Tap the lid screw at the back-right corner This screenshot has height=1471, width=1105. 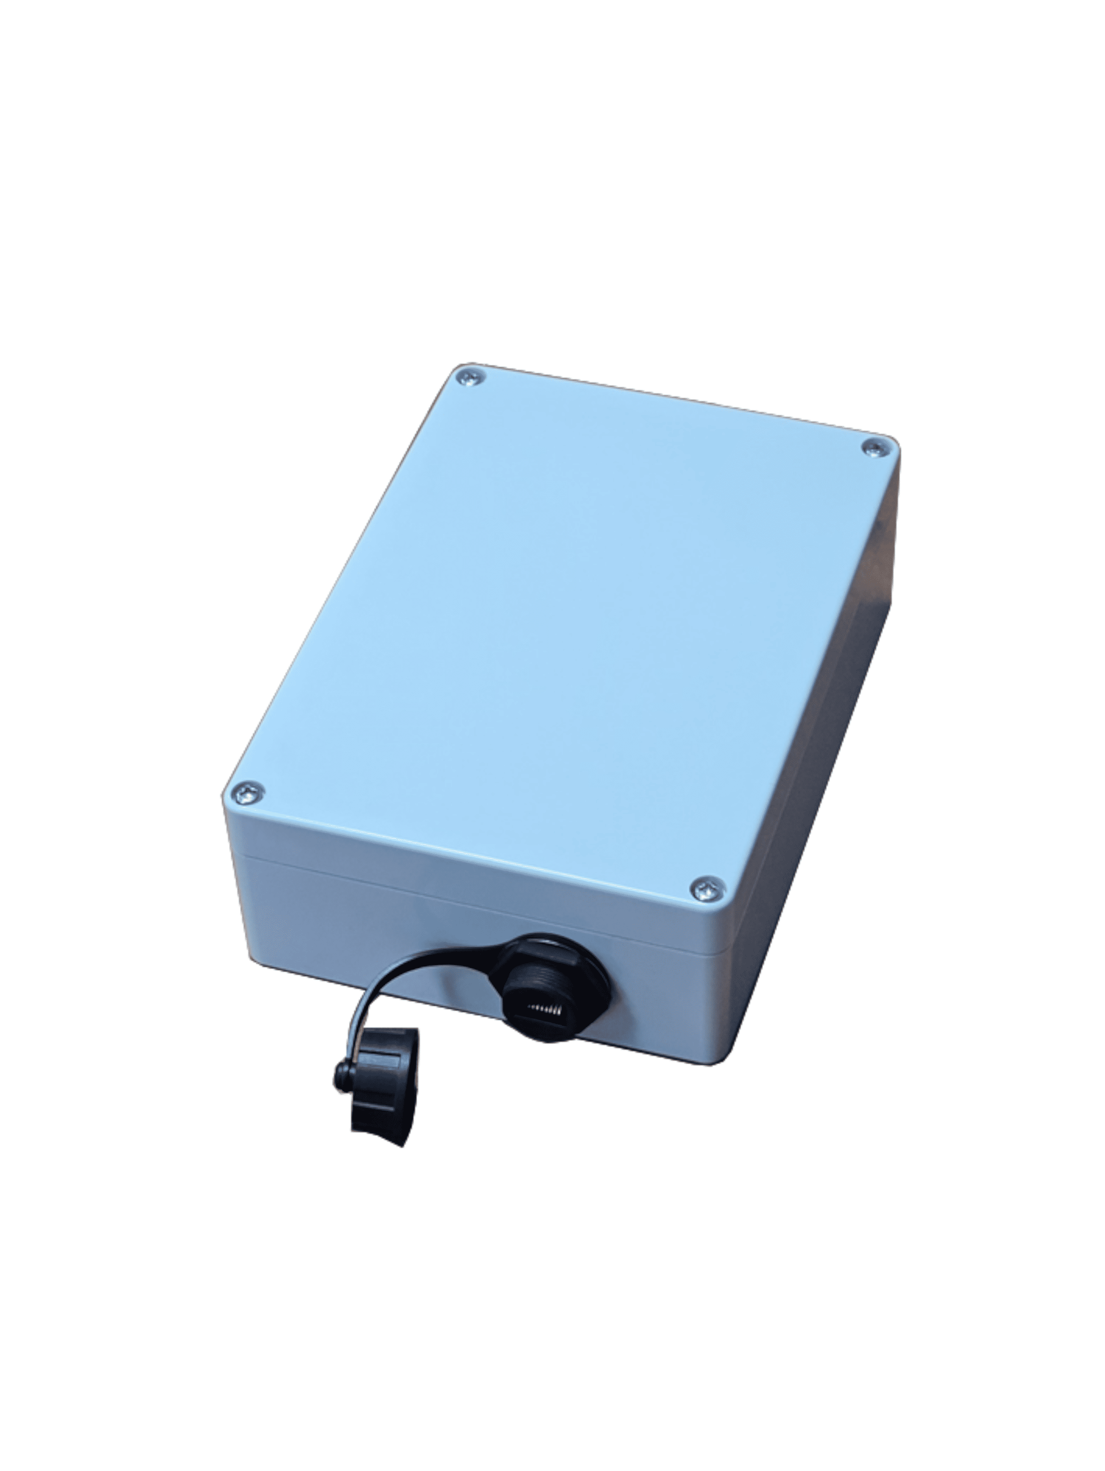click(x=876, y=448)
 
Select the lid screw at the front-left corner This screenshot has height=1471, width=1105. click(x=248, y=793)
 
